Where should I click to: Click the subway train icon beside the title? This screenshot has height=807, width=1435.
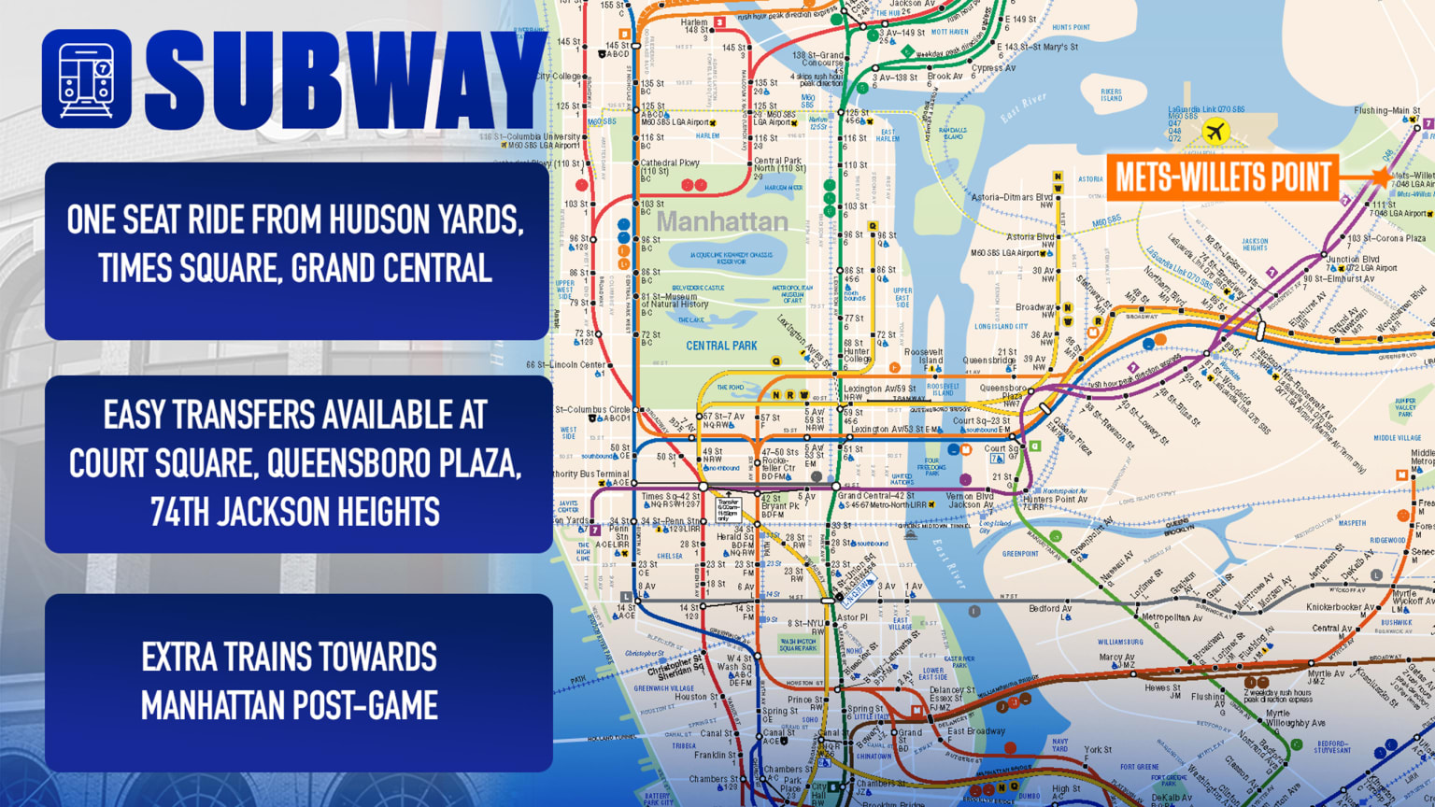click(87, 79)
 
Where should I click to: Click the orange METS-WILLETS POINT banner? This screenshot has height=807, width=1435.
click(1222, 177)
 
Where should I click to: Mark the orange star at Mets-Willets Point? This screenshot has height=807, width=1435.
click(1381, 177)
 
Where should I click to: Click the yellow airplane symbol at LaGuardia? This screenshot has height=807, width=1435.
click(1215, 132)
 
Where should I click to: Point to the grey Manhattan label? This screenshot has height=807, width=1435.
click(722, 222)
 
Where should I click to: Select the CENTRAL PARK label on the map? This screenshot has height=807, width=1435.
click(721, 346)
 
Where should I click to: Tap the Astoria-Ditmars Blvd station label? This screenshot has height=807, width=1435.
click(1012, 198)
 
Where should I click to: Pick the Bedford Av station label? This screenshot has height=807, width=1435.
click(1050, 609)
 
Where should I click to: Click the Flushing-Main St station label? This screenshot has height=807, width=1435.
click(1386, 111)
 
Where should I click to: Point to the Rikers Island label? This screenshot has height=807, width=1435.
click(1111, 94)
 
